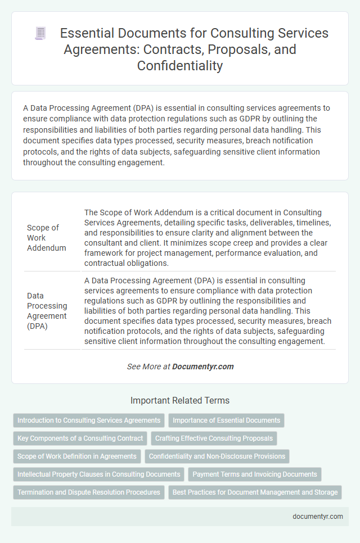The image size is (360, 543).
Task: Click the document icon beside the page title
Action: point(40,33)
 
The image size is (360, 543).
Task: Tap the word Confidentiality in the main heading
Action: point(179,66)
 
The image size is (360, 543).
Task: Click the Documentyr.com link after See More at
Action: point(202,366)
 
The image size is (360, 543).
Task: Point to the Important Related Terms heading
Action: point(180,401)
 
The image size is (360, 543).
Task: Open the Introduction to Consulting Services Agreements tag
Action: point(89,420)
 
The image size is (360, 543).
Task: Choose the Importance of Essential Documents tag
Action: point(226,420)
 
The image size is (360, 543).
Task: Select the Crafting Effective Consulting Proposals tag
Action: point(214,438)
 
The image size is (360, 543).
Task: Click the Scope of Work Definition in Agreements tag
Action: point(76,456)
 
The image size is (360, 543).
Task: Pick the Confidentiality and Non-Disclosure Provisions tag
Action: point(217,456)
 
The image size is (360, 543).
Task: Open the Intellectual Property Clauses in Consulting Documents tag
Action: point(98,474)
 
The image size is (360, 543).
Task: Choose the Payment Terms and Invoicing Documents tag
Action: point(254,474)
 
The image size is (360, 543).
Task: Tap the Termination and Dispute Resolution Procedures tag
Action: point(88,492)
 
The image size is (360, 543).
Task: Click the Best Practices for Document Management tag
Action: point(255,492)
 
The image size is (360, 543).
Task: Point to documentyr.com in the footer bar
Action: point(317,517)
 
